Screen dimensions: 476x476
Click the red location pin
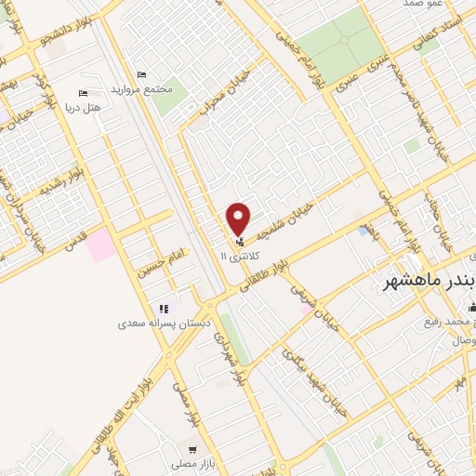[x=239, y=218]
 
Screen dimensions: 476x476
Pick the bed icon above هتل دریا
[x=83, y=94]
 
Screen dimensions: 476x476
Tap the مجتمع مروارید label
[x=142, y=88]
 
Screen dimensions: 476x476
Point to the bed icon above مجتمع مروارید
[x=141, y=74]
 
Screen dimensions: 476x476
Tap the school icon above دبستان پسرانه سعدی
[x=164, y=309]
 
